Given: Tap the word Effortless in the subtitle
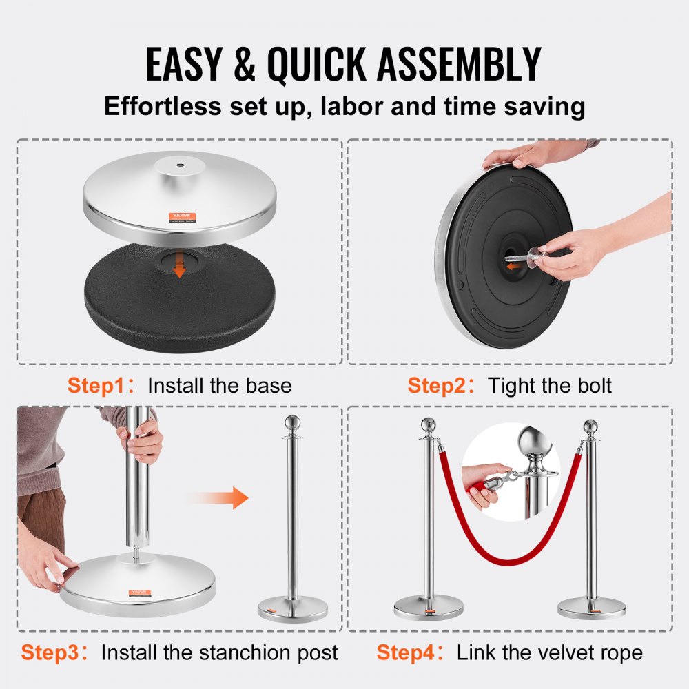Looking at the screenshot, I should tap(164, 107).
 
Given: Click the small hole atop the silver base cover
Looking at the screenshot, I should tap(178, 166).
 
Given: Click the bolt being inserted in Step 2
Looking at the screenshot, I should tap(518, 260).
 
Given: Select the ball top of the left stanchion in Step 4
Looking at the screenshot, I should tap(428, 424).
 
